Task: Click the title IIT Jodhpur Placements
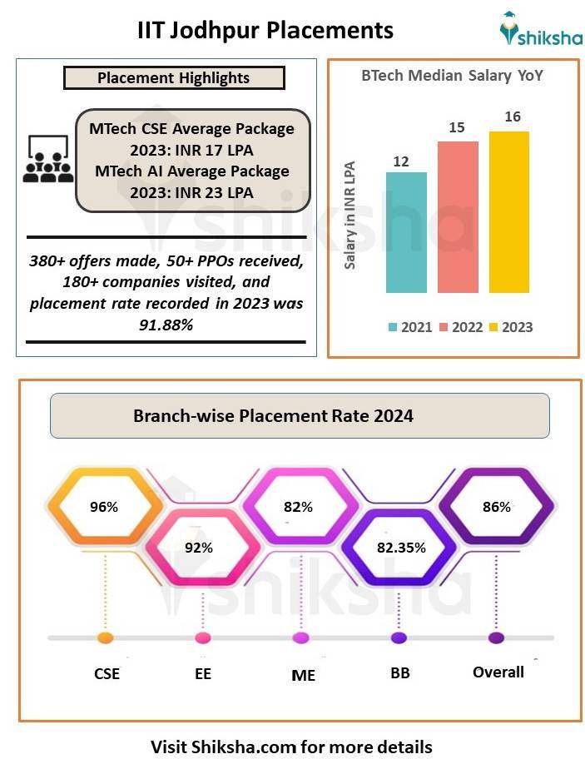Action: (x=265, y=31)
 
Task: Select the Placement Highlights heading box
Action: (x=174, y=78)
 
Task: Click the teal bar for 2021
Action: (x=406, y=232)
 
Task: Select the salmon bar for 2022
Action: (x=458, y=217)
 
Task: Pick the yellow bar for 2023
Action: (x=509, y=212)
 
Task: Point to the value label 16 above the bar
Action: (x=512, y=117)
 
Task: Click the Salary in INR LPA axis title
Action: (x=350, y=215)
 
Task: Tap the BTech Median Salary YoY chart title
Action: (x=452, y=76)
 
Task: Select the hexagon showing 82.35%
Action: (x=401, y=547)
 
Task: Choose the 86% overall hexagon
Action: (x=496, y=506)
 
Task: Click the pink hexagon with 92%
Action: (x=200, y=547)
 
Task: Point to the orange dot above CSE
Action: (x=105, y=638)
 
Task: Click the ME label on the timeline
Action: (x=303, y=675)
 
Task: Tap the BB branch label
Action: (x=399, y=673)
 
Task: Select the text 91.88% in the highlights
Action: (x=166, y=325)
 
